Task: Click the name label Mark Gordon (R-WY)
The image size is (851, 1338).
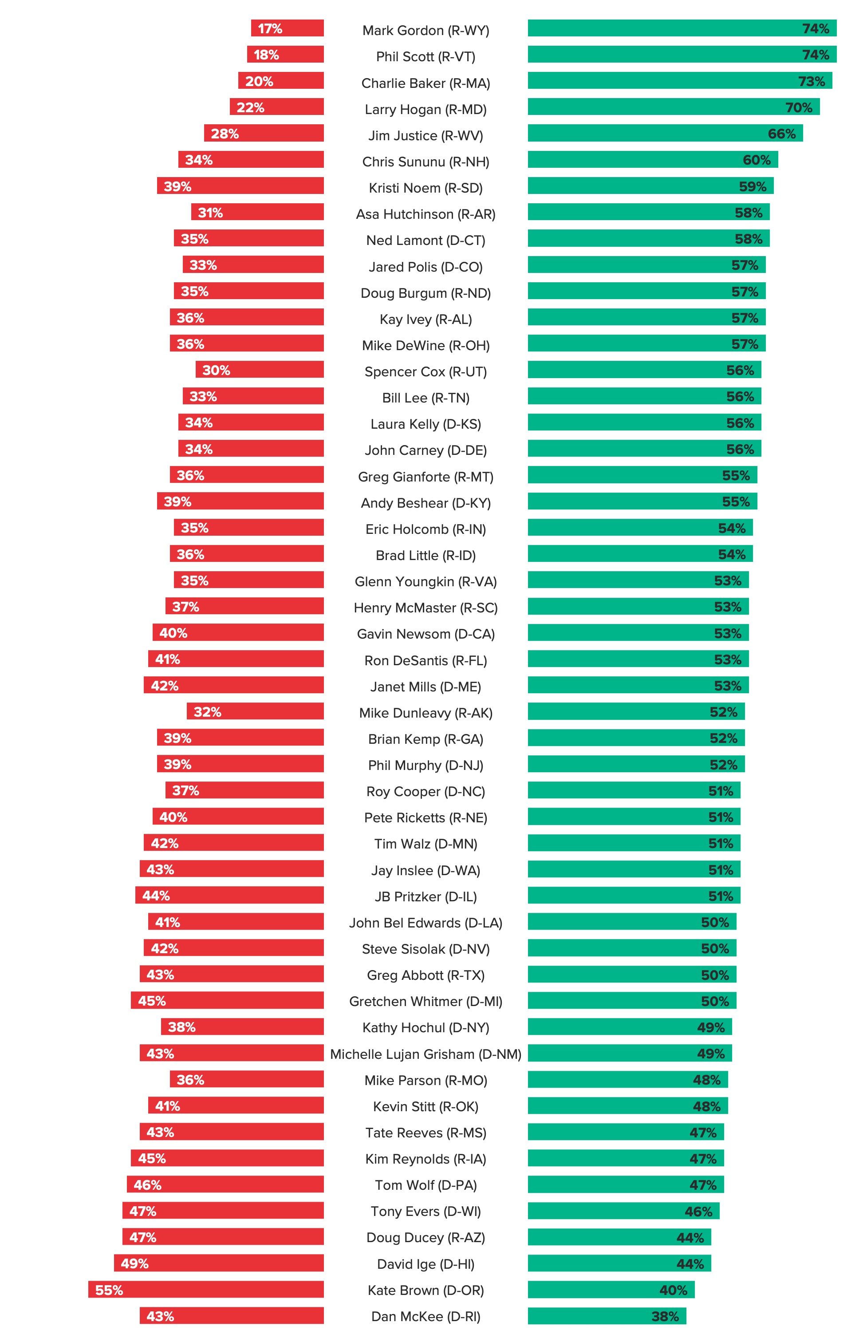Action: (425, 30)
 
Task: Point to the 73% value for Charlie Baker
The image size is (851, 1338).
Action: (811, 81)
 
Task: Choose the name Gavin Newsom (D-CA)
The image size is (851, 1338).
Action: (425, 634)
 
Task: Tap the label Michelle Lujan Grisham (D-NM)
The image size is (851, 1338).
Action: (425, 1054)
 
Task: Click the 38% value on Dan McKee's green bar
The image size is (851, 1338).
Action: (665, 1316)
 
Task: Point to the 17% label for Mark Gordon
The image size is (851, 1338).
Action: (270, 28)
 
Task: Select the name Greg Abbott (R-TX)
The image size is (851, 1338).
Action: (425, 975)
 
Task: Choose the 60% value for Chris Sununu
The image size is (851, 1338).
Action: (756, 160)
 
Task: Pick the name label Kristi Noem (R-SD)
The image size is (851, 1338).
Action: (425, 188)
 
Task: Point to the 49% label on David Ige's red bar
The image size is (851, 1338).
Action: (134, 1263)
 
